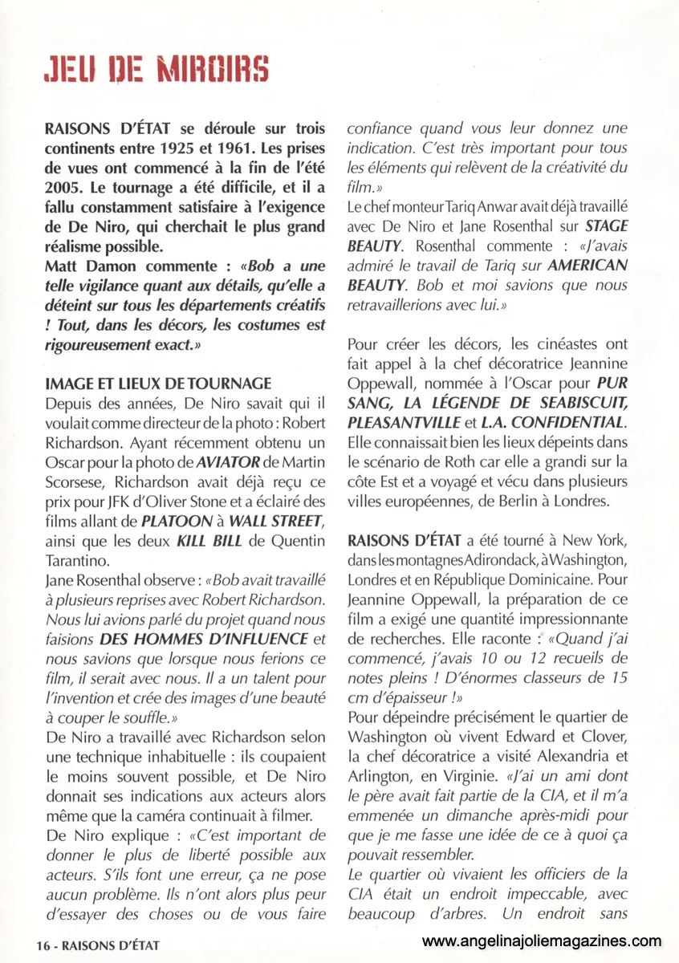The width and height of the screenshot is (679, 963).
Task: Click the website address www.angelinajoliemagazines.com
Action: [x=542, y=941]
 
